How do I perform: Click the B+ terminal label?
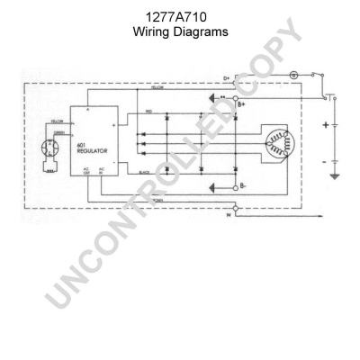(241, 105)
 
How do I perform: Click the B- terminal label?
(240, 189)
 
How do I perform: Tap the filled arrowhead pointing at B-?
(212, 188)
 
